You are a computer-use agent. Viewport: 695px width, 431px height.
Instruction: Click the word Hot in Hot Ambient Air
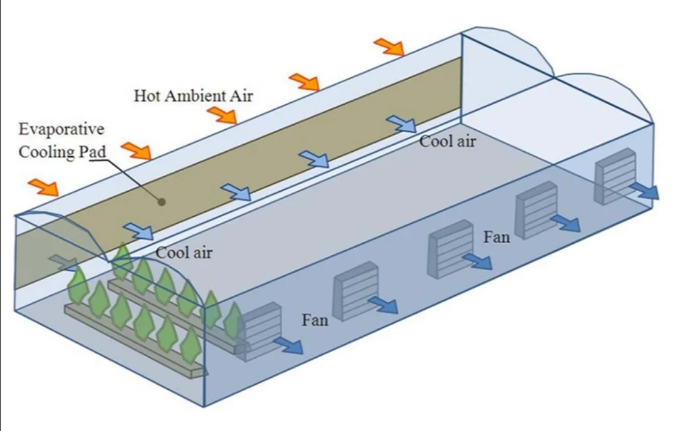click(146, 96)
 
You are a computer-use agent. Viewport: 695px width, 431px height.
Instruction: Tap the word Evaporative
click(61, 129)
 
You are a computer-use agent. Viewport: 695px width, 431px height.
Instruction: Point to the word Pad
click(92, 154)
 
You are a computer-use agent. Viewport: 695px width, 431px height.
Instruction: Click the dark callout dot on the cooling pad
click(162, 201)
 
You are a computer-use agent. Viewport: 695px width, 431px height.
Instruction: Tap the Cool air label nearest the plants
click(184, 252)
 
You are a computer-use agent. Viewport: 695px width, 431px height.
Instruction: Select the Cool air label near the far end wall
click(447, 141)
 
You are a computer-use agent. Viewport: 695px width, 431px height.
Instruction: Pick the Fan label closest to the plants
click(315, 319)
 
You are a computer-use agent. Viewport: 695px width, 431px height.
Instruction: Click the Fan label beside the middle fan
click(496, 237)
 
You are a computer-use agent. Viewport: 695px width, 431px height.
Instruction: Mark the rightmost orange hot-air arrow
click(389, 46)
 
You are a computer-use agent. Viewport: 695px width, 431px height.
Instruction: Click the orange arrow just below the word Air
click(222, 115)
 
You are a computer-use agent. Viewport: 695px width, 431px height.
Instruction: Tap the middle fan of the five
click(450, 248)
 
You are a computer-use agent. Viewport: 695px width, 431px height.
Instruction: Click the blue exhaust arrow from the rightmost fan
click(644, 190)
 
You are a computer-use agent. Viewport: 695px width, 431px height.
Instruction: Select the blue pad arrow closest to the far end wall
click(402, 124)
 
